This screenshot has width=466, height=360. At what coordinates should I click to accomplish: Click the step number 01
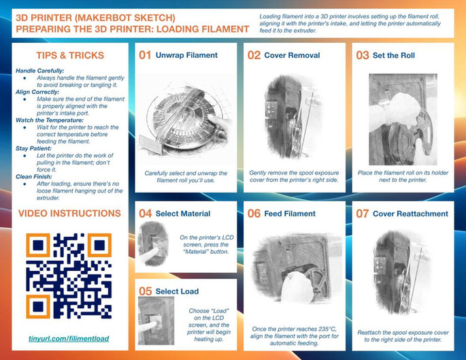click(x=145, y=55)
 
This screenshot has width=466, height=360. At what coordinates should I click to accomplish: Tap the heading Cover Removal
click(x=292, y=55)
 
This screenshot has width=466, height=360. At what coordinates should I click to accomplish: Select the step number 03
click(x=363, y=55)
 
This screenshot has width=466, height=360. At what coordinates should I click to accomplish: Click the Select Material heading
click(x=183, y=214)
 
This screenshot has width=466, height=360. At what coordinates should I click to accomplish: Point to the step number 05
click(x=146, y=291)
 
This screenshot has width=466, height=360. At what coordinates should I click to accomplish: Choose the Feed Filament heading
click(x=290, y=214)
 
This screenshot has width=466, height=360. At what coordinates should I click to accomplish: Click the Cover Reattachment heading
click(x=410, y=214)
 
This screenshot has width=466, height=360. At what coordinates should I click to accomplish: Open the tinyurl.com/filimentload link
click(x=69, y=338)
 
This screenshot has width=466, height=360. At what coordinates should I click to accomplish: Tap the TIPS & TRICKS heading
click(x=70, y=55)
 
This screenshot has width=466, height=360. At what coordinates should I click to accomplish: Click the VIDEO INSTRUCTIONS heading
click(x=69, y=213)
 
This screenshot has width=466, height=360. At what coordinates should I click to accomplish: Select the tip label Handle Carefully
click(x=40, y=71)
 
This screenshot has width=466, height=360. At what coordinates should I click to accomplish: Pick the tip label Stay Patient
click(x=33, y=148)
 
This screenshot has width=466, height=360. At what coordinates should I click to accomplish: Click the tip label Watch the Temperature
click(x=50, y=120)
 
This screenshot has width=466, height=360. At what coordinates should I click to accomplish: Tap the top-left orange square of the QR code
click(x=38, y=245)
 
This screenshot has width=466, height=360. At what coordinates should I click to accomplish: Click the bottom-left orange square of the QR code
click(x=38, y=306)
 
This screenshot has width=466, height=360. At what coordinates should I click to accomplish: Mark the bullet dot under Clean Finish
click(x=24, y=184)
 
